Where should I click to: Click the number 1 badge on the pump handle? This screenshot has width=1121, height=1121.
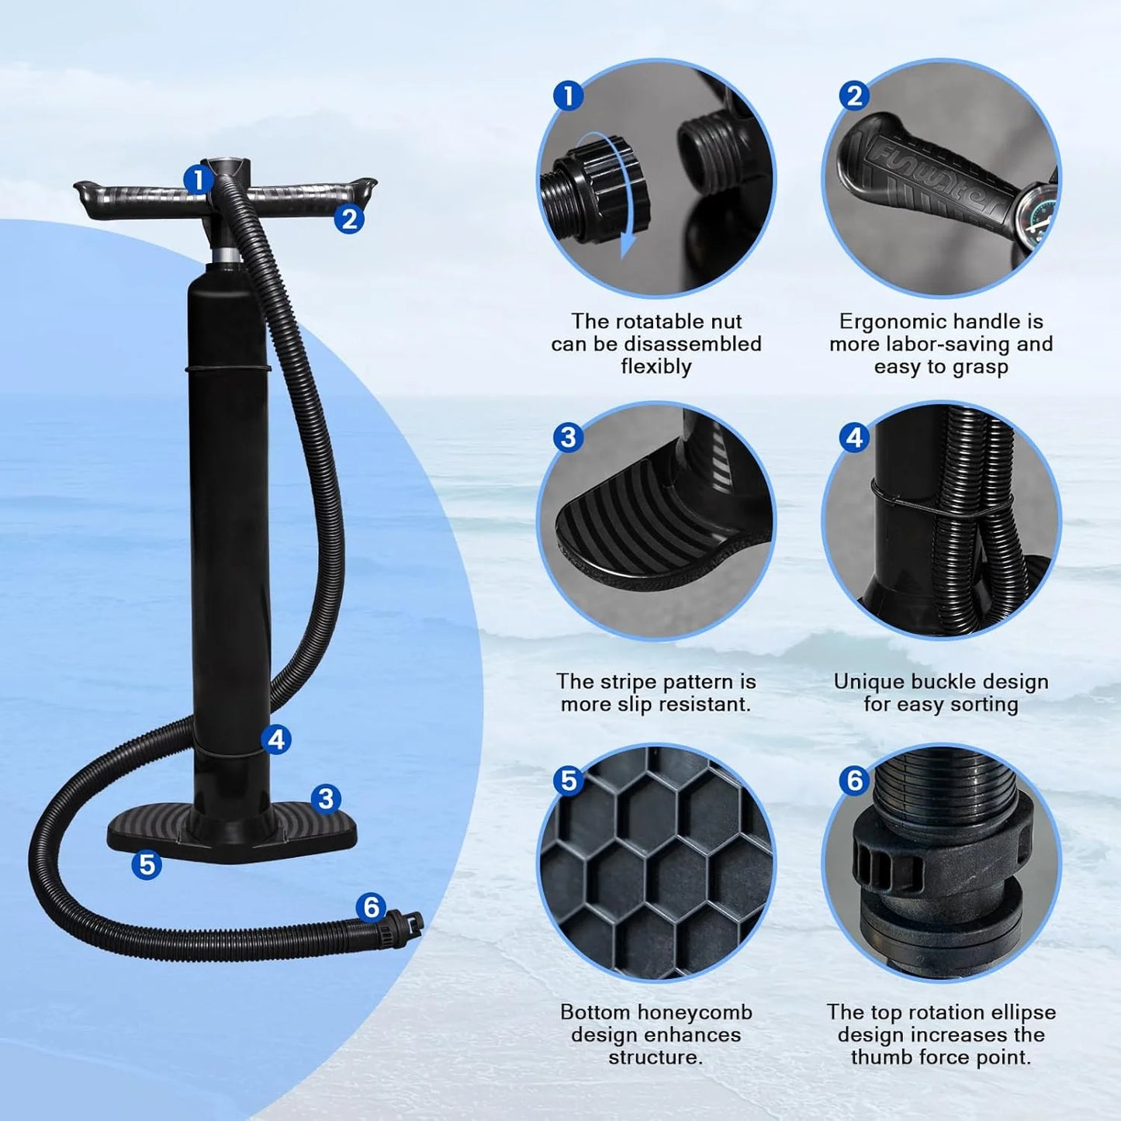click(198, 179)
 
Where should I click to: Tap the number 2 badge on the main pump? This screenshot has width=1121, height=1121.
click(349, 219)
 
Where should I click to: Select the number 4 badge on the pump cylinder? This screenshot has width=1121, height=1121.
click(276, 739)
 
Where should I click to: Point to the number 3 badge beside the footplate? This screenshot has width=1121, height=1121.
click(326, 798)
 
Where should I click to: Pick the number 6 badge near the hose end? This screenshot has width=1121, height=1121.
click(372, 906)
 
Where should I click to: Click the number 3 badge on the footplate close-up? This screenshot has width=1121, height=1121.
click(568, 438)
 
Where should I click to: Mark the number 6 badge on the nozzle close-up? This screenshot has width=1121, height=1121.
click(854, 780)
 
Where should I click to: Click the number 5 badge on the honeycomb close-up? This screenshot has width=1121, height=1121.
click(569, 780)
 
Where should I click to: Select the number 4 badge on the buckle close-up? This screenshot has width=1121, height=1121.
click(854, 438)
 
